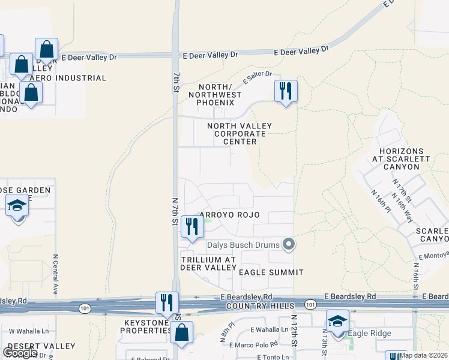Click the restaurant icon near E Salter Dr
click(286, 91)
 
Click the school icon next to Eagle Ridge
click(337, 321)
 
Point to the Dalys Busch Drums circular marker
click(289, 244)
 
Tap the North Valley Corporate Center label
click(240, 134)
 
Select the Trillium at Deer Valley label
click(208, 263)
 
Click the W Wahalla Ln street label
click(29, 331)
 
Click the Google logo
click(20, 353)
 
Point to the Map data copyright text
click(423, 355)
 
